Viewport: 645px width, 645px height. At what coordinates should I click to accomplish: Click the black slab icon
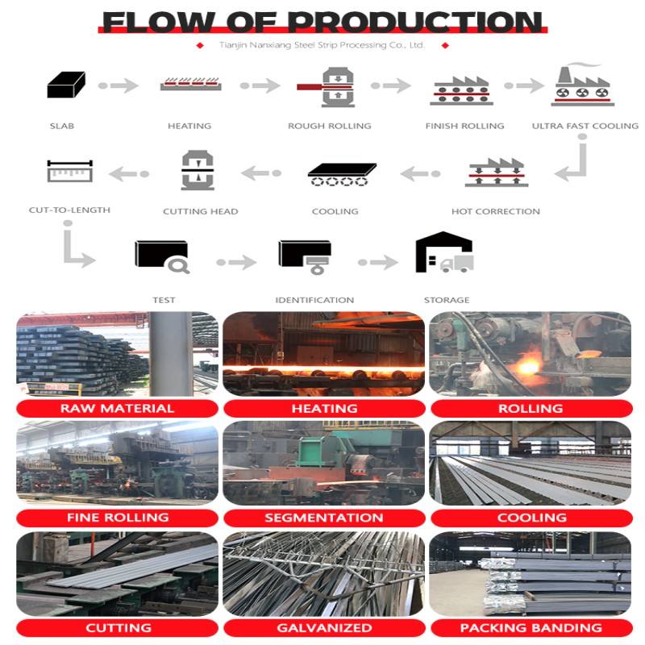(x=66, y=85)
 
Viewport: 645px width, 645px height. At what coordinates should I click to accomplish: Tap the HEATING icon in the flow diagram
(x=190, y=85)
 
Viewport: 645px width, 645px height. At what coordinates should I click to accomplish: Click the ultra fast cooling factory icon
(x=583, y=85)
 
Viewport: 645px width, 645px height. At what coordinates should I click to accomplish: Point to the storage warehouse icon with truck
(x=444, y=253)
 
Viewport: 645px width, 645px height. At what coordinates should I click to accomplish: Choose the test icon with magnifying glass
(x=162, y=256)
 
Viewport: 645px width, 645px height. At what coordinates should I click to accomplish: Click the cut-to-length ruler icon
(x=70, y=172)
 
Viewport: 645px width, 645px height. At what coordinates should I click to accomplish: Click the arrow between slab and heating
(x=119, y=85)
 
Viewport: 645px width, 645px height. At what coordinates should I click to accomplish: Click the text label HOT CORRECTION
(x=496, y=211)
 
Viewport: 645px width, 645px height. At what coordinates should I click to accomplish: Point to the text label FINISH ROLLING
(x=464, y=126)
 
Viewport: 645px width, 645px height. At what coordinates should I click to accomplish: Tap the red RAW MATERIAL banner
(x=117, y=408)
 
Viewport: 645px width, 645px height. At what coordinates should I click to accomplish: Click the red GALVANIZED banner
(x=324, y=627)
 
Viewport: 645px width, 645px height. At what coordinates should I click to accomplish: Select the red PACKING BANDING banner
(x=531, y=627)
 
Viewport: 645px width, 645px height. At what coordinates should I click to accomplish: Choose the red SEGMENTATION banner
(x=324, y=518)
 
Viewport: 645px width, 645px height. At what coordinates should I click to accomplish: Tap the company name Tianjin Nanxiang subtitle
(x=322, y=45)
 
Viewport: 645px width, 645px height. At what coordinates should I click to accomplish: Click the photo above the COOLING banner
(x=531, y=463)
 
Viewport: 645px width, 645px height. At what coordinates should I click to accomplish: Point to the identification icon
(x=305, y=256)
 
